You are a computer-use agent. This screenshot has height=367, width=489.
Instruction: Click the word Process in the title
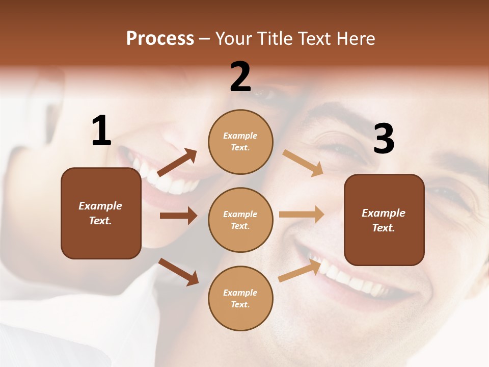[x=160, y=39]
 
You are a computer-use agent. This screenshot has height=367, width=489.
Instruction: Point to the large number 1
[x=101, y=131]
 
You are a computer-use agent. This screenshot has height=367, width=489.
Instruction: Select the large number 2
[x=240, y=77]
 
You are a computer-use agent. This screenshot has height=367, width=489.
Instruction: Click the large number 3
[x=384, y=139]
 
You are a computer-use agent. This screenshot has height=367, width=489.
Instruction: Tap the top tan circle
[x=240, y=142]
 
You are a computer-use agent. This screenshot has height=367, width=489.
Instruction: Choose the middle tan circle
[x=240, y=220]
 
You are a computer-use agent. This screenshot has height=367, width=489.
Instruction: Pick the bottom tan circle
[x=240, y=299]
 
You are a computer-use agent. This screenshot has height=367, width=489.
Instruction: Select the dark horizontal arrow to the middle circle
[x=178, y=216]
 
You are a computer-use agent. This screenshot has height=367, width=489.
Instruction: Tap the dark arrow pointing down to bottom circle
[x=179, y=272]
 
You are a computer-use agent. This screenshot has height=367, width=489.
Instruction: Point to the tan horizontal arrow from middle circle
[x=302, y=215]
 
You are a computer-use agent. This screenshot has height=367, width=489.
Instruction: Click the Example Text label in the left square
[x=100, y=213]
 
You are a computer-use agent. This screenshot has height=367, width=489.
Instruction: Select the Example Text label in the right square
[x=384, y=220]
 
